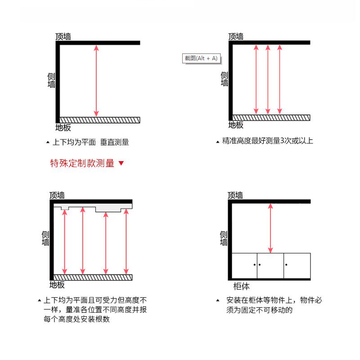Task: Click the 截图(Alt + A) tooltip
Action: pyautogui.click(x=201, y=58)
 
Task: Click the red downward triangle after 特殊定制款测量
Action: pyautogui.click(x=121, y=163)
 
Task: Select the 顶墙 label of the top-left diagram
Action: pyautogui.click(x=63, y=36)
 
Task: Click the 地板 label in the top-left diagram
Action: pyautogui.click(x=63, y=127)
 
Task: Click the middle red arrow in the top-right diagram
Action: pyautogui.click(x=268, y=79)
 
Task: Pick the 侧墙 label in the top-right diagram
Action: pyautogui.click(x=225, y=79)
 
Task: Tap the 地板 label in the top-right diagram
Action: pyautogui.click(x=236, y=125)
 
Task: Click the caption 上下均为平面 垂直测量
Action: pyautogui.click(x=90, y=142)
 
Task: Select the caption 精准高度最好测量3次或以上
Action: pyautogui.click(x=267, y=141)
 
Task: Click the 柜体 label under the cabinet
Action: pyautogui.click(x=241, y=286)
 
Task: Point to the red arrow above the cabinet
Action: pyautogui.click(x=270, y=228)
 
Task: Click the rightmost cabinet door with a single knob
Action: pyautogui.click(x=297, y=265)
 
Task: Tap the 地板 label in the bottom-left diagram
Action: pyautogui.click(x=57, y=285)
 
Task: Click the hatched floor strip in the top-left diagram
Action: pyautogui.click(x=100, y=120)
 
